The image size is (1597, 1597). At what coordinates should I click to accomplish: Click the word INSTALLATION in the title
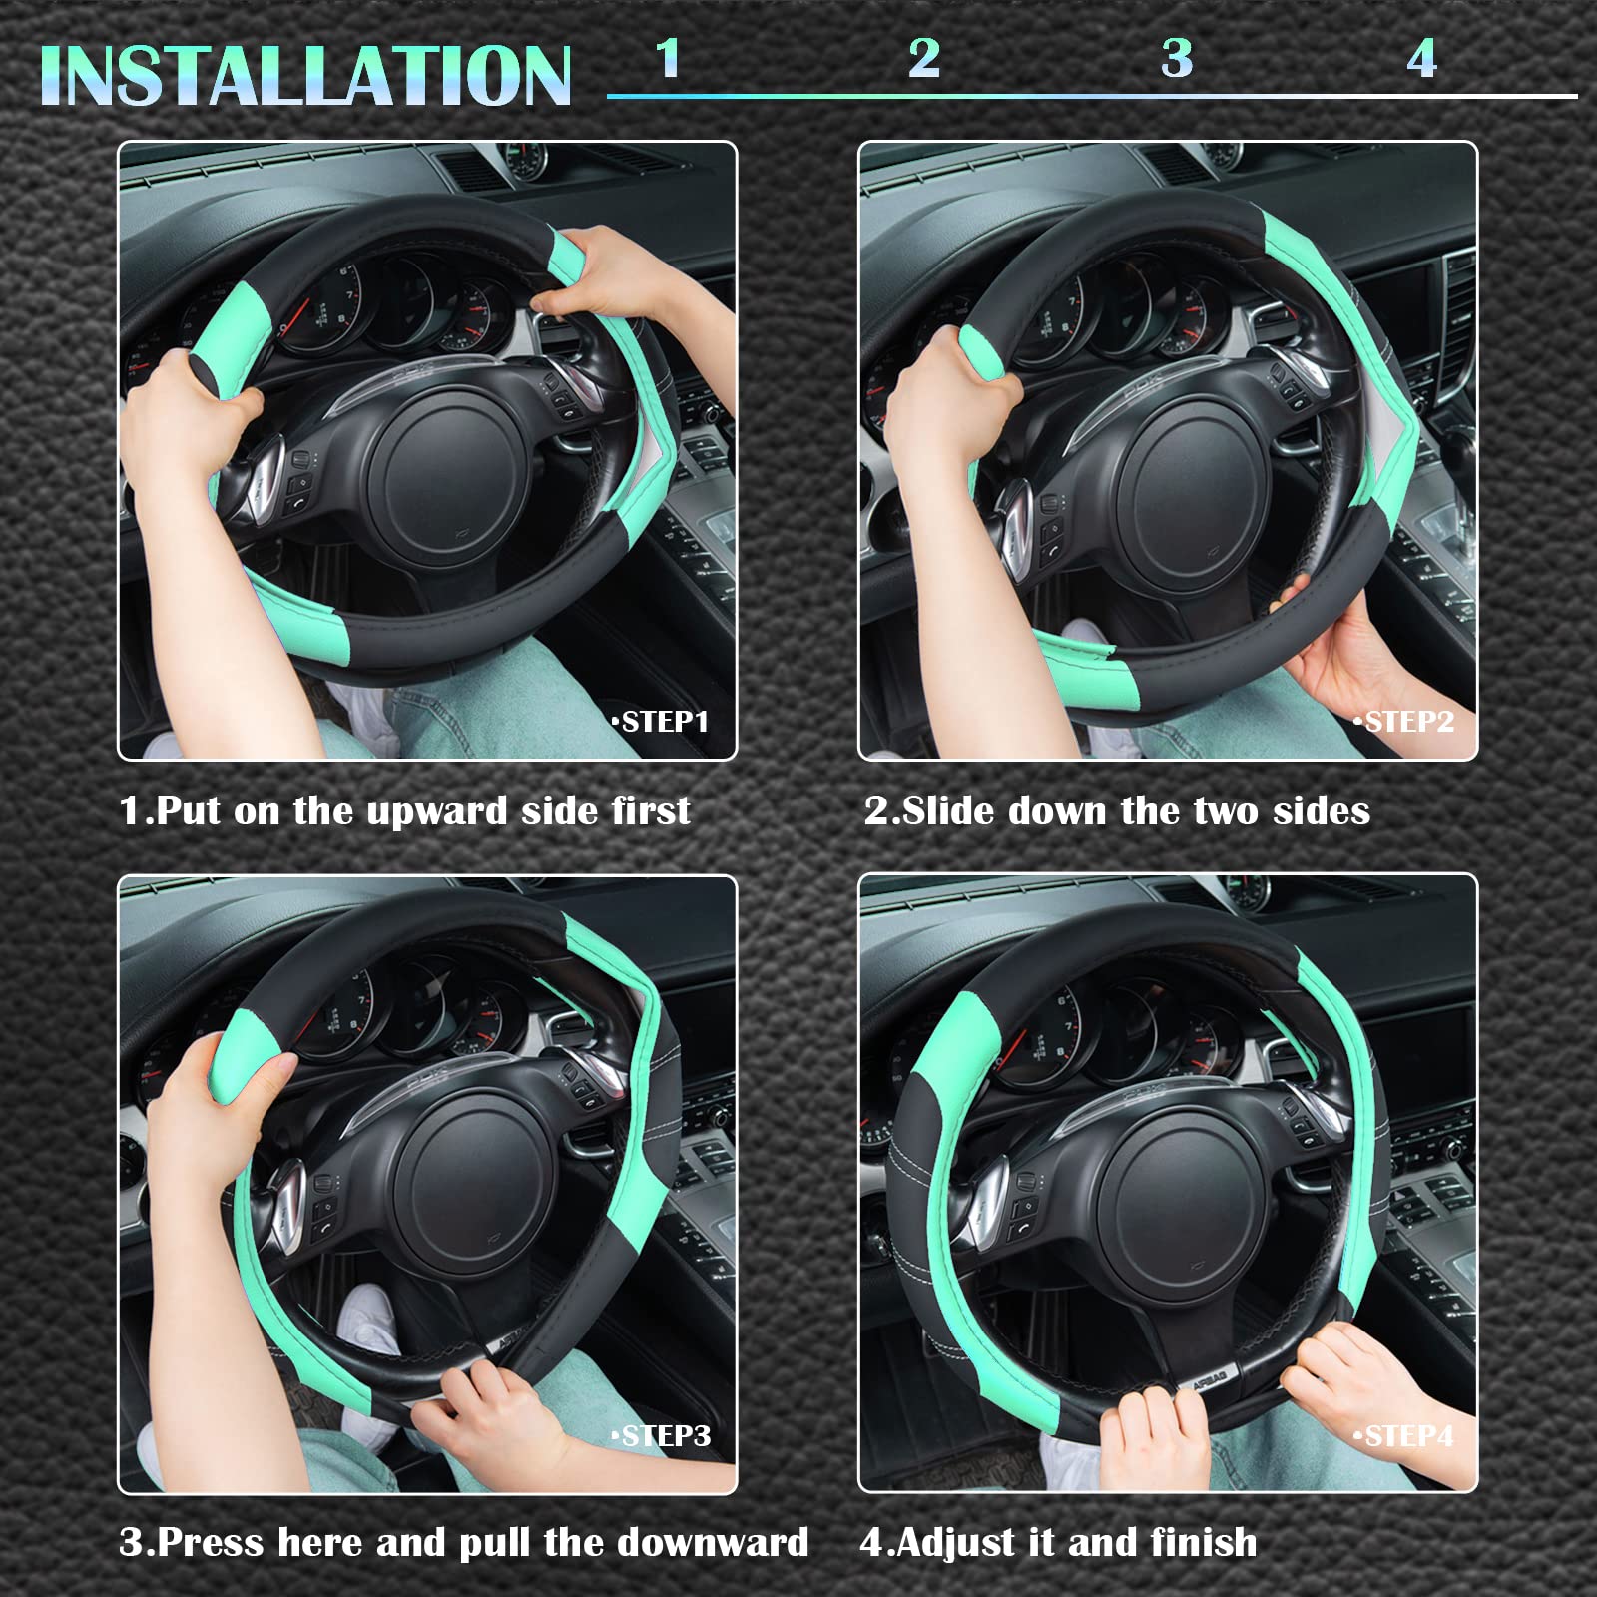click(305, 76)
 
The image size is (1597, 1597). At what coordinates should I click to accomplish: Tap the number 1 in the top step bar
click(668, 58)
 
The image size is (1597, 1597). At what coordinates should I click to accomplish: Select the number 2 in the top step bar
click(924, 58)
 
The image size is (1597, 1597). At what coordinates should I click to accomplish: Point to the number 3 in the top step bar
click(1178, 58)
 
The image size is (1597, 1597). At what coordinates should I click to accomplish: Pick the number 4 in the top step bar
click(1422, 58)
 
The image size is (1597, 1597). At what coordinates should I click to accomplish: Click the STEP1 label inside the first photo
click(662, 721)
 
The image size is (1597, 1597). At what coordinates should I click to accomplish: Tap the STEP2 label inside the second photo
click(1405, 721)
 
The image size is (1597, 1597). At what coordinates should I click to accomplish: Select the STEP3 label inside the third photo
click(662, 1435)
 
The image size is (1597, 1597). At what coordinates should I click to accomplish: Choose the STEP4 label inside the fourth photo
click(1405, 1435)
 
